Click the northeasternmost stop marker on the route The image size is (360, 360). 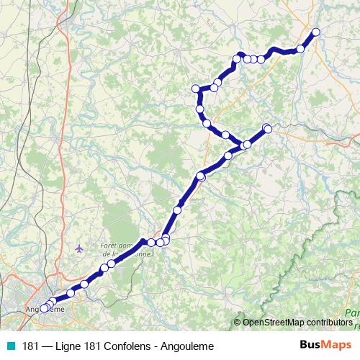pos(315,32)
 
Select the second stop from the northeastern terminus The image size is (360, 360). pos(300,49)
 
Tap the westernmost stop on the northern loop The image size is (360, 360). pos(195,89)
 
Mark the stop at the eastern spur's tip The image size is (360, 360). pos(268,129)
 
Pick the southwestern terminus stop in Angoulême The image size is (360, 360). pos(43,308)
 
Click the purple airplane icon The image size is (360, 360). pos(79,249)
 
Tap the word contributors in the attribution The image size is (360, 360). pos(329,322)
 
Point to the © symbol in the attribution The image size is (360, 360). pos(238,322)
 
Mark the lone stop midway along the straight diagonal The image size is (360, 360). pos(178,210)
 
